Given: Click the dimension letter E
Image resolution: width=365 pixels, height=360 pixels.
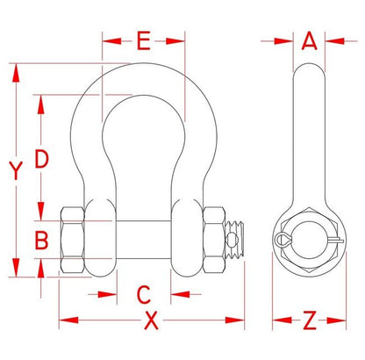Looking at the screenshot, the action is [x=144, y=40].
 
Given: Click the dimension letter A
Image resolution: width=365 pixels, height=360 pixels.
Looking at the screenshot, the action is [x=310, y=40].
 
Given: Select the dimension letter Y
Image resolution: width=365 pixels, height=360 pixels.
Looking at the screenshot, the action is [x=16, y=170].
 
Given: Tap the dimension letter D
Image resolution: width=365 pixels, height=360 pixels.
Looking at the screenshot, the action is [x=41, y=159].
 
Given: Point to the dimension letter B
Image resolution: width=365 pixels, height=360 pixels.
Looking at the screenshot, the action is [x=41, y=240].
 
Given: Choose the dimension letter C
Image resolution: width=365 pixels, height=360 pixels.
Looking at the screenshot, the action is [x=144, y=294].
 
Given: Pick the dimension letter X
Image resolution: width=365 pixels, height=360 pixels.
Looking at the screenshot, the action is [x=151, y=320].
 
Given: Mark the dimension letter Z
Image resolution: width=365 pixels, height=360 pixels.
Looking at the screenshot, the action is [x=310, y=320].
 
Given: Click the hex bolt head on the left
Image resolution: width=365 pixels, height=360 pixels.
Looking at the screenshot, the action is [x=73, y=240].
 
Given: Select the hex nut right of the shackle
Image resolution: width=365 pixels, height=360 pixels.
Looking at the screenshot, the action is [x=214, y=240].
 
